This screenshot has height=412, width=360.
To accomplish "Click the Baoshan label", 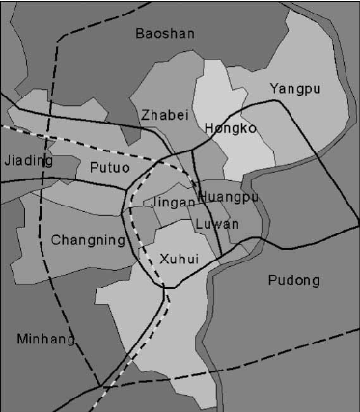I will (x=165, y=34).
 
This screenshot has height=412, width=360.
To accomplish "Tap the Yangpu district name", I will (x=294, y=89).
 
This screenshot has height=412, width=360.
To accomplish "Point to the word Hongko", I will (x=230, y=128).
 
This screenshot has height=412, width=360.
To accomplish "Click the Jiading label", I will (x=28, y=161).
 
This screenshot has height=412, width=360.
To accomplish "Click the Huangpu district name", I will (x=228, y=197).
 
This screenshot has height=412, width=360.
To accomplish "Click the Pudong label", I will (x=291, y=281).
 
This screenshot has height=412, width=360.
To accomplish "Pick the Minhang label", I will (x=45, y=339).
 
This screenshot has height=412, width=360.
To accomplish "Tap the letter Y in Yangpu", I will (x=274, y=88).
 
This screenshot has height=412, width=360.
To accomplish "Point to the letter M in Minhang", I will (x=22, y=339).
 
